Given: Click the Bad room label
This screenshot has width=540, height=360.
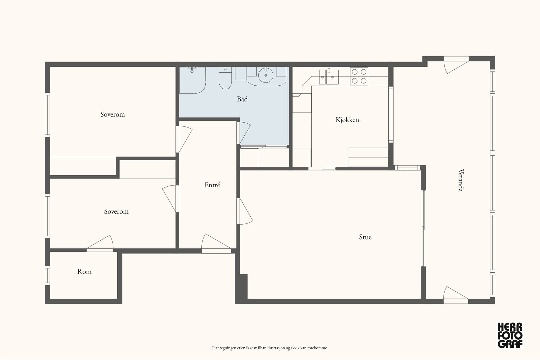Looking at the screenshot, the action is coord(242,99).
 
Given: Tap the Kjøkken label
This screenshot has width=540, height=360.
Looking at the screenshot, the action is coord(347,120).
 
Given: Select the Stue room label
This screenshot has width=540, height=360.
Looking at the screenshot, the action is coord(365,237).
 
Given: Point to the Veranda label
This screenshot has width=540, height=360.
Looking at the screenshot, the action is coord(461,180).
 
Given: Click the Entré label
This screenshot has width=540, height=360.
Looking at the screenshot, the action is coord(212,185).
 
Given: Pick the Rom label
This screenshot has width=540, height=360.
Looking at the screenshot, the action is coord(84,272).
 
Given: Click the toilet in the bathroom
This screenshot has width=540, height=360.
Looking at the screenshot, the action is coord(225,78).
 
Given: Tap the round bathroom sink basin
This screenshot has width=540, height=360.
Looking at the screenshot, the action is coord(266,75).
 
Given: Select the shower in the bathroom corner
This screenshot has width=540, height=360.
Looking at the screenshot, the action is coord(192,80).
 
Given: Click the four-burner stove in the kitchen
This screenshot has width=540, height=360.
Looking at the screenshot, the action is coord(359,76).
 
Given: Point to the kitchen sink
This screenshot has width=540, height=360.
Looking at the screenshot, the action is coord(329,77).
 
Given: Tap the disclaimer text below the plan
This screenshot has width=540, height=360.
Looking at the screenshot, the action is coord(270,348).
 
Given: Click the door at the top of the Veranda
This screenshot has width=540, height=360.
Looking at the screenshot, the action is coord(456,65).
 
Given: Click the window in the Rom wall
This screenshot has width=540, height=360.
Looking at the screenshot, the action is coord(47,275).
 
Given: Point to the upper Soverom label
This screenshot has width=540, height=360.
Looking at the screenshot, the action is coord(113,114).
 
